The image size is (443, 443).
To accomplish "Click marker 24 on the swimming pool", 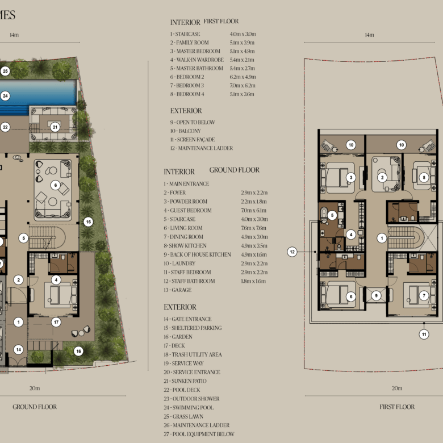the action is tap(5, 96).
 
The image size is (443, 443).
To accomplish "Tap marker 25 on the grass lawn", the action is tap(5, 71).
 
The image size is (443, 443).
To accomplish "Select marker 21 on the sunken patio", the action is tap(55, 127).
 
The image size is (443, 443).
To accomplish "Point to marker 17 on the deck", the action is tap(56, 322).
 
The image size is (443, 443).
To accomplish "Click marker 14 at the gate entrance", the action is tap(19, 349).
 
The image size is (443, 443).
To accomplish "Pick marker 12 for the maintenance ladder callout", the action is tap(292, 252).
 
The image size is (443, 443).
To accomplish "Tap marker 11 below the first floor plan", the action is tap(424, 335).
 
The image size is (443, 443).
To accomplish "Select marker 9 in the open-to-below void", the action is tap(376, 296).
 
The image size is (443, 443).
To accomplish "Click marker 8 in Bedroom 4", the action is tap(424, 177).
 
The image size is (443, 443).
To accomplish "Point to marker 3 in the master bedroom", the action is tap(351, 177).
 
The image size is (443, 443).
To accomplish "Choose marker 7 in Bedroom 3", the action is tap(424, 296).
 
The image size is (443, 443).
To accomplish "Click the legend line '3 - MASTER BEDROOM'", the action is tap(195, 51).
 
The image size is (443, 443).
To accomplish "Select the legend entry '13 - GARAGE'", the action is tap(177, 290).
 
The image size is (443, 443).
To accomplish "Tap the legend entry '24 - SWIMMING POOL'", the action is tap(189, 408).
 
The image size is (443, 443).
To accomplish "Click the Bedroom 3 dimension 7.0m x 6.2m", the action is tap(243, 85).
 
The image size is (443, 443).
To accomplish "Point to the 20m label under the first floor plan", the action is tap(397, 388).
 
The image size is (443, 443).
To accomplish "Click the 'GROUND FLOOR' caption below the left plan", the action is tap(35, 407).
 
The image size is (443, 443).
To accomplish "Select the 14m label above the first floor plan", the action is tap(369, 35).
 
